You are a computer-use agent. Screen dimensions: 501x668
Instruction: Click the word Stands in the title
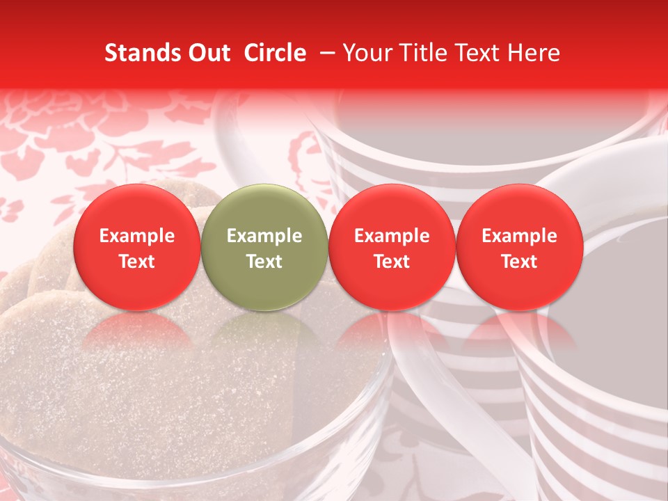(x=139, y=53)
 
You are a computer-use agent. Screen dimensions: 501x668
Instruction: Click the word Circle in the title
(x=275, y=53)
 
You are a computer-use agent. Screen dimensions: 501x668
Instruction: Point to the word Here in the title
(x=534, y=53)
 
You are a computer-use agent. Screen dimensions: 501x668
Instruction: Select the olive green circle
(x=264, y=247)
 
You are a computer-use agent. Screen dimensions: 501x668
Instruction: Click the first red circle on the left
(x=137, y=247)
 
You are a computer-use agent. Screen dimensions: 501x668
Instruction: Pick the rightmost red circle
(x=519, y=247)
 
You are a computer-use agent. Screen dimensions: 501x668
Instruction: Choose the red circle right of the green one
(x=392, y=247)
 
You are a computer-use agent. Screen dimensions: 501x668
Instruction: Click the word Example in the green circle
(x=264, y=236)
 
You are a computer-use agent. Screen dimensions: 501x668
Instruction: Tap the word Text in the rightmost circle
(x=519, y=262)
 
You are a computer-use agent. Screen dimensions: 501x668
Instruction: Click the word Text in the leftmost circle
(x=137, y=262)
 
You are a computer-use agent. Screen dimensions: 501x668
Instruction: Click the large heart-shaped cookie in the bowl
(x=174, y=390)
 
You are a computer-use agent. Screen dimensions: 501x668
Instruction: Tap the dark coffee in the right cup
(x=619, y=278)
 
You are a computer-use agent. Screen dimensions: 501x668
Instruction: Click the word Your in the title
(x=365, y=53)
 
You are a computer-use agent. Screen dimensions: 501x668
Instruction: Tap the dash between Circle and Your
(x=324, y=53)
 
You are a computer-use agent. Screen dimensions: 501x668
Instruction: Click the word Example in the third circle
(x=392, y=236)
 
